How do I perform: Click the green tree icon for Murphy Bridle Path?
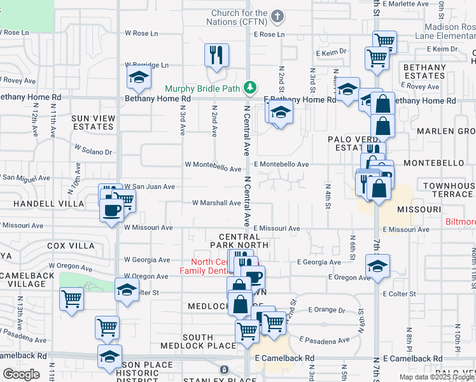251,87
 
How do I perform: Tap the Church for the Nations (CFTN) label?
240,17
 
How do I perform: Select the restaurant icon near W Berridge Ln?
216,55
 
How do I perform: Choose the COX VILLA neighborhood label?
71,246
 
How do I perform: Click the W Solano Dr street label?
93,149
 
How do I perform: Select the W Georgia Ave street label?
147,260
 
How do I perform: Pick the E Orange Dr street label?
326,310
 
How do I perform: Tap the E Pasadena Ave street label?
324,341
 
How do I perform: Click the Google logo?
21,374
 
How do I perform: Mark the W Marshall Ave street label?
216,203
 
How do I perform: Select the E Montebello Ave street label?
281,164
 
